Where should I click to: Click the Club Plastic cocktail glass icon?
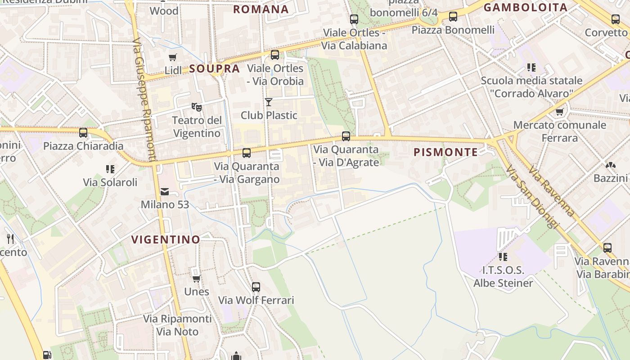coord(269,102)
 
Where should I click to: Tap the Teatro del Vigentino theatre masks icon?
coord(196,107)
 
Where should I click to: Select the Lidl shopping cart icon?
coord(173,57)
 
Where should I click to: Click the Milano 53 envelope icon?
coord(165,192)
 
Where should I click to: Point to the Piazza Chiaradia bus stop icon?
coord(83,133)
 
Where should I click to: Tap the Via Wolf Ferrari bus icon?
coord(256,287)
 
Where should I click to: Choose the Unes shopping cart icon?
coord(197,279)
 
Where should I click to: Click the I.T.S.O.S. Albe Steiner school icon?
coord(503,257)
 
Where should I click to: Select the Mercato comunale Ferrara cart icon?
coord(560,112)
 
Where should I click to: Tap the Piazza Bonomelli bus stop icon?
coord(453,17)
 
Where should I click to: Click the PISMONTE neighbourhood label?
coord(446,152)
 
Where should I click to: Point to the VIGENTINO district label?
coord(166,239)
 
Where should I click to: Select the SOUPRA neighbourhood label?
coord(214,69)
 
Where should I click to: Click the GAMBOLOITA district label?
coord(525,7)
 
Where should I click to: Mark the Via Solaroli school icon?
coord(110,169)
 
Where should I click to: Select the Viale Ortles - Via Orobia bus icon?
coord(275,55)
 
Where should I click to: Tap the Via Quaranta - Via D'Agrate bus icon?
coord(346,136)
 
